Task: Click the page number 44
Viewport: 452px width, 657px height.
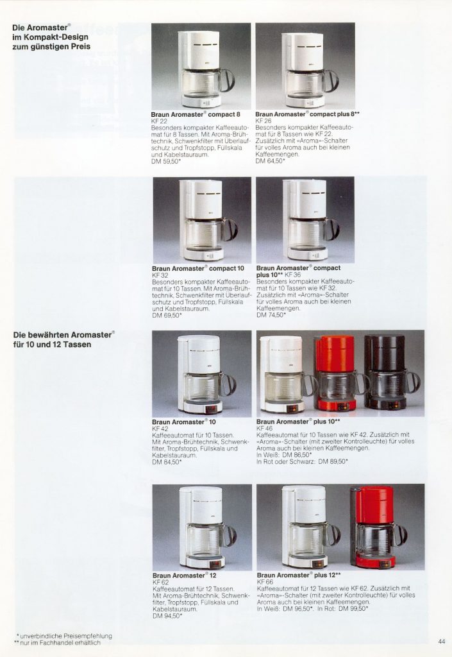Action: (x=442, y=641)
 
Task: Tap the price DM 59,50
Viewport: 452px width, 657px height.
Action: (x=165, y=161)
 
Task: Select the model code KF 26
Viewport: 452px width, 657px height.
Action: (x=264, y=120)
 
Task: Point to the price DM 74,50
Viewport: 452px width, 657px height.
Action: (x=271, y=315)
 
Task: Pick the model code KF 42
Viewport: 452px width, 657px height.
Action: (x=160, y=428)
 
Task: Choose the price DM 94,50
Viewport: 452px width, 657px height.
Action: (x=167, y=616)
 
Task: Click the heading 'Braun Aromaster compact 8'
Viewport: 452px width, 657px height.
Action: (x=195, y=114)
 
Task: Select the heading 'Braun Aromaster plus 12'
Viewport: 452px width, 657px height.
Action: (x=298, y=576)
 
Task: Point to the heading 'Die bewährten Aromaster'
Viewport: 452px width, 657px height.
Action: (x=63, y=334)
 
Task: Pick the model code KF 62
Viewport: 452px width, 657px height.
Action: (x=160, y=582)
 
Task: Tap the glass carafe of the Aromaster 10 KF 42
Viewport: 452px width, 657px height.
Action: (x=201, y=388)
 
